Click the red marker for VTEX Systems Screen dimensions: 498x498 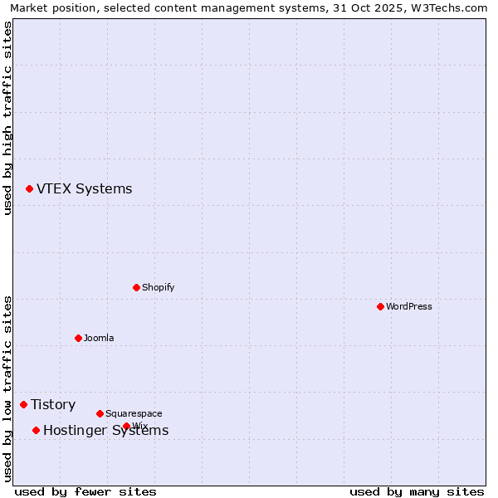coord(29,189)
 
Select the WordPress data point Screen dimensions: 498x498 coord(380,306)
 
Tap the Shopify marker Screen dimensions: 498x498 coord(136,287)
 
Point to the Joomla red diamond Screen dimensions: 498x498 coord(78,338)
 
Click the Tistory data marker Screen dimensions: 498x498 coord(23,404)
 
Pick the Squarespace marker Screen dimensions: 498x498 coord(100,413)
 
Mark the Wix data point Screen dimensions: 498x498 coord(126,426)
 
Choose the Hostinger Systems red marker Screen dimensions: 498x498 coord(36,430)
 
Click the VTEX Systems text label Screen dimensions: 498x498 coord(84,189)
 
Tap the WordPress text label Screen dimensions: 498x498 coord(408,306)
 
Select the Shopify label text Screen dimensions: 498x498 coord(158,287)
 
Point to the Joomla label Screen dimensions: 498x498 coord(99,338)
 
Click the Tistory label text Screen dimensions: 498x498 coord(53,404)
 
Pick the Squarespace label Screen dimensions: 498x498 coord(134,413)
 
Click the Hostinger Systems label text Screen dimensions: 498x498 coord(105,430)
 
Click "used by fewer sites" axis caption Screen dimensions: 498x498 coord(85,491)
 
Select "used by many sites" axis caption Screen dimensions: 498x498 coord(417,491)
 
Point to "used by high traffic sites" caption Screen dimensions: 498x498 coord(7,119)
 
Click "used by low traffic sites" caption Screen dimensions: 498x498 coord(7,388)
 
